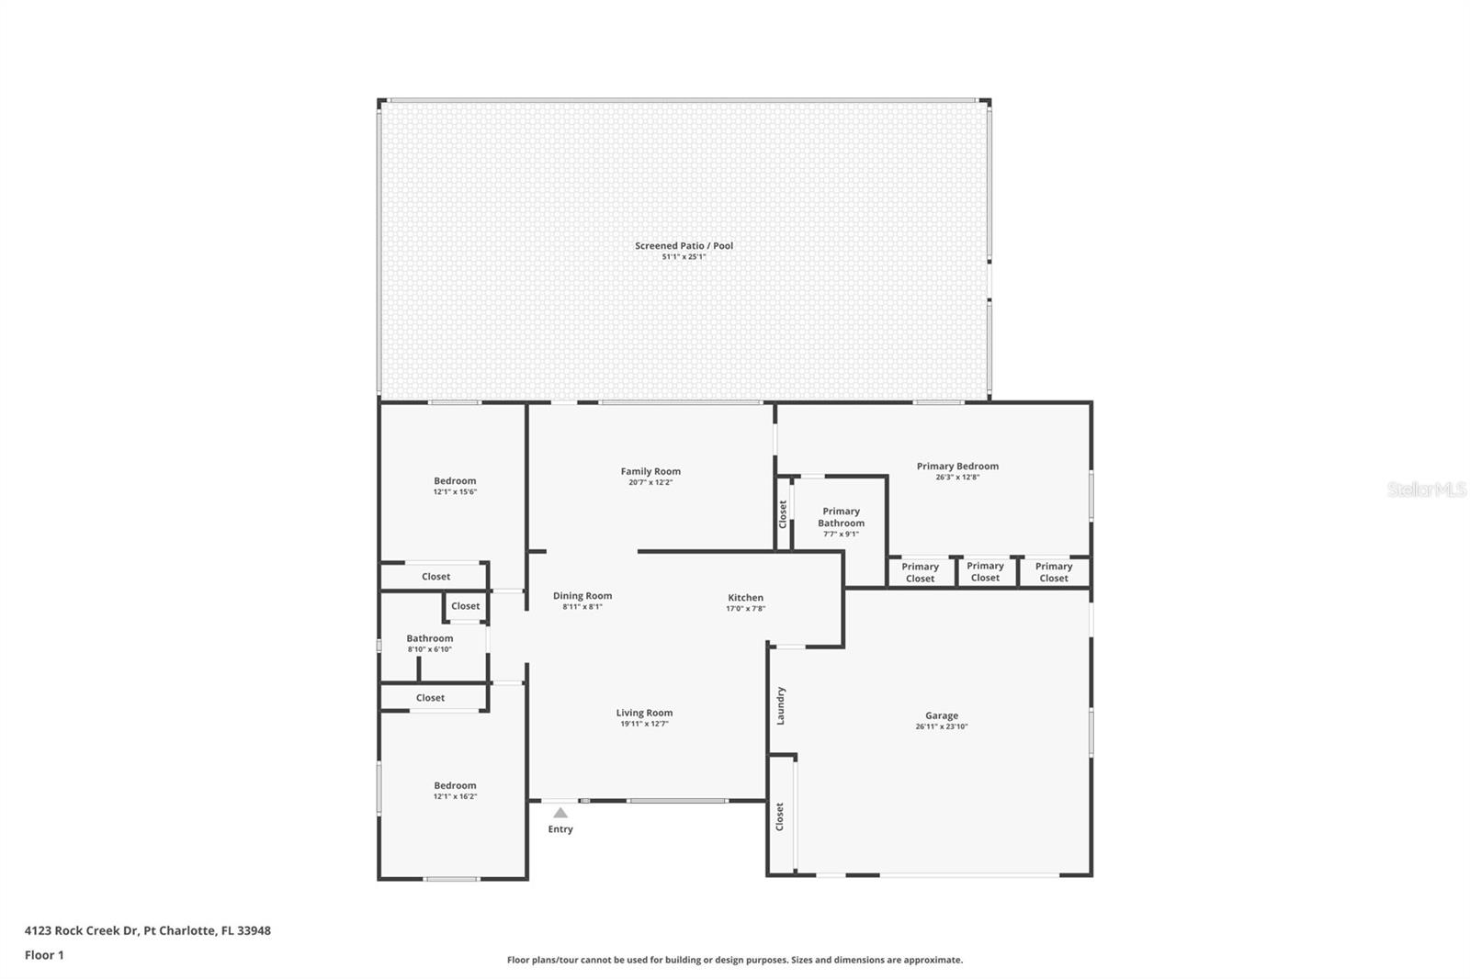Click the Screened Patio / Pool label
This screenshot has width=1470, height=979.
click(x=684, y=245)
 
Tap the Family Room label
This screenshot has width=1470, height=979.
click(x=650, y=471)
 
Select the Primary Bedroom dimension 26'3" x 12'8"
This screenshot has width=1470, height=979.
click(x=957, y=477)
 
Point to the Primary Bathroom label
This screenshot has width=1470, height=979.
click(x=841, y=517)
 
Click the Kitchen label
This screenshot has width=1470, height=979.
click(x=745, y=597)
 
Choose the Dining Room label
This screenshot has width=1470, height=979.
click(x=582, y=596)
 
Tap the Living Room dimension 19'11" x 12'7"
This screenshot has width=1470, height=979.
click(x=644, y=724)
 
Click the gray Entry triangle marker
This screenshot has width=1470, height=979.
click(x=560, y=813)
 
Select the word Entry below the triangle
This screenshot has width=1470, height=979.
click(x=560, y=828)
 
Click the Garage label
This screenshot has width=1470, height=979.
click(x=942, y=715)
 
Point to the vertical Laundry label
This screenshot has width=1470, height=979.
click(x=780, y=706)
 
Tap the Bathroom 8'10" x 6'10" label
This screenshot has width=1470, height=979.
click(x=430, y=643)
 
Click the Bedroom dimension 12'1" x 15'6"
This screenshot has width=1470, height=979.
click(x=455, y=491)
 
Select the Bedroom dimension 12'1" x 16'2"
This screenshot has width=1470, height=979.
click(x=455, y=796)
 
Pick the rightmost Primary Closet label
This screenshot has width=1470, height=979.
click(x=1053, y=571)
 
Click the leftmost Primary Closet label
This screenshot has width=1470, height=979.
click(x=920, y=572)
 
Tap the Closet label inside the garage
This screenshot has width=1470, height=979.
click(x=780, y=816)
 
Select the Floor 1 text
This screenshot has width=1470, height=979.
click(x=44, y=955)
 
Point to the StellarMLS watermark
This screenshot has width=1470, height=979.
click(x=1427, y=489)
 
